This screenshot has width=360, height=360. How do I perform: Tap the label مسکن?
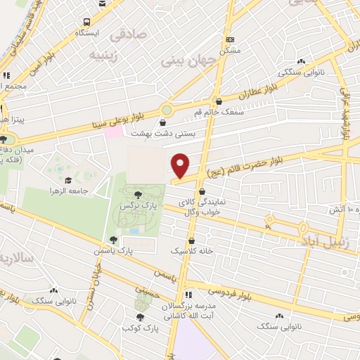coord(229,51)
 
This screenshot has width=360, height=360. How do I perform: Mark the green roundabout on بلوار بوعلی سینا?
coord(167,110)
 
